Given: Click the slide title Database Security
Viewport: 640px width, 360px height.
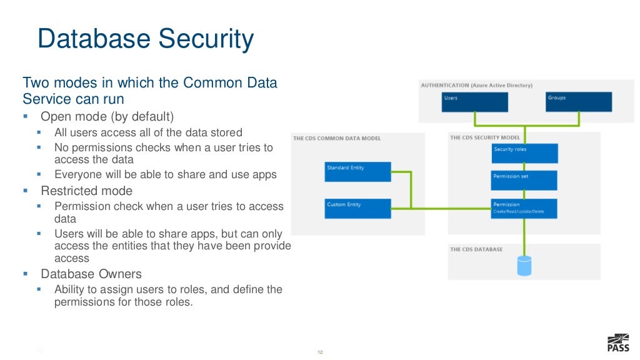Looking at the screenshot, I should pos(146,39).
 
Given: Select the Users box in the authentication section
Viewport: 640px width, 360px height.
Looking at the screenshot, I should pos(474,102).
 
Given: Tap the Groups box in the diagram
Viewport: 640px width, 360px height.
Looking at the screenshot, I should pos(578,102).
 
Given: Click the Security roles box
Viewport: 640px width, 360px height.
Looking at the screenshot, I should pos(524,153).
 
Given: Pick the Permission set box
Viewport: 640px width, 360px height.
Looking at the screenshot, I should pos(524,180).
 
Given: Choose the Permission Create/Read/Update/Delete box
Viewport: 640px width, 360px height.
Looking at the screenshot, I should pos(524,207).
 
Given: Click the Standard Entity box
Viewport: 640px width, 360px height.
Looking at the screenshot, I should pos(357,172).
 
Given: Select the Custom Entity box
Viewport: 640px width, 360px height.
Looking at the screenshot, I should pos(357,208).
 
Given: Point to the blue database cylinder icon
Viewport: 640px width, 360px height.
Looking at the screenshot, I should pos(524,265).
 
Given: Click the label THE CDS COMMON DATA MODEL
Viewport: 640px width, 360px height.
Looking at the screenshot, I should pos(336,138).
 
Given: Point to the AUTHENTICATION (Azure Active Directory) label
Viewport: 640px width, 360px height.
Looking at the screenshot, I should pos(476,85).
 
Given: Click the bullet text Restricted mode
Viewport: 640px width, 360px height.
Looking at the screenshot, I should pos(86,191).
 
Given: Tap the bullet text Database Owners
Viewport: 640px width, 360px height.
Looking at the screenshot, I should pos(91,274).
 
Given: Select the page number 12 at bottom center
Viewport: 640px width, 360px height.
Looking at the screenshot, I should pos(320,353).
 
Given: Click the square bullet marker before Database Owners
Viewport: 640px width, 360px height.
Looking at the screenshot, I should pos(26,274).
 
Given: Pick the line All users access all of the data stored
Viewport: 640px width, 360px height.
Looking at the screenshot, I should pos(148,132).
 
